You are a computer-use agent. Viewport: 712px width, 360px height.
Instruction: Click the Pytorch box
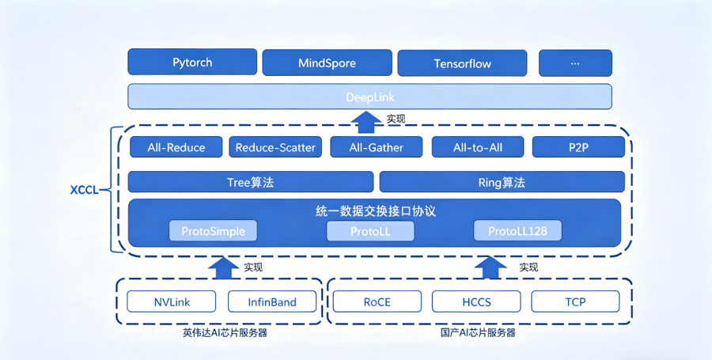192,63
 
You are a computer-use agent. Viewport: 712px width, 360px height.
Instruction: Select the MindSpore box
327,63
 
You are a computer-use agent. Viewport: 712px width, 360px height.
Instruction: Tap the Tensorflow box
463,64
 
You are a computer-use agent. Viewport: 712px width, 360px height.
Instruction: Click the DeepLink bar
369,97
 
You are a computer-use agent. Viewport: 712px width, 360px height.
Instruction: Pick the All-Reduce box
176,147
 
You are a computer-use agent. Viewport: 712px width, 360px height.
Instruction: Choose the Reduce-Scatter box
275,147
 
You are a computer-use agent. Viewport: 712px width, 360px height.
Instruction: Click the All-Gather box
376,147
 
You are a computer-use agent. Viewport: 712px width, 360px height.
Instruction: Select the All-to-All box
477,147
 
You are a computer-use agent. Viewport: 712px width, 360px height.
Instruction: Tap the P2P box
578,147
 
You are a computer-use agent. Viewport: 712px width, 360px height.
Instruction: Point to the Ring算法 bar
502,182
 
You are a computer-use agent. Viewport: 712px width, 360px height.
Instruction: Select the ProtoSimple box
213,231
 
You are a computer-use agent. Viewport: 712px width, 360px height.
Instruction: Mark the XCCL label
85,190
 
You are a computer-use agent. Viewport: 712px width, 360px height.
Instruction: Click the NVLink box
171,301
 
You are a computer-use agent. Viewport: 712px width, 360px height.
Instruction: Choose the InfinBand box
272,301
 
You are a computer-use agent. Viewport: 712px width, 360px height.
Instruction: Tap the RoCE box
377,301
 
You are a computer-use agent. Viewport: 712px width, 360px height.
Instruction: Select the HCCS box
476,301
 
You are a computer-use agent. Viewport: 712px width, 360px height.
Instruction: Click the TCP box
575,301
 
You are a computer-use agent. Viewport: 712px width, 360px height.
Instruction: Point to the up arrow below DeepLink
366,121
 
